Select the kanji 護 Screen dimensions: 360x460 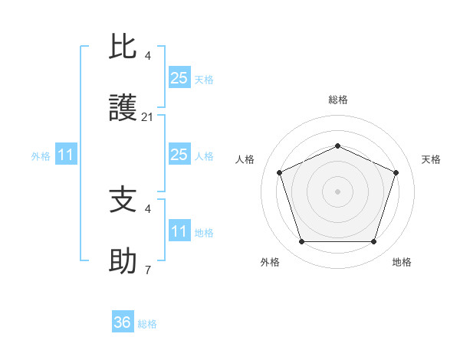pos(123,110)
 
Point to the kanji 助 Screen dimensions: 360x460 pos(123,263)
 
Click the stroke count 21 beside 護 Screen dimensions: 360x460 pos(148,117)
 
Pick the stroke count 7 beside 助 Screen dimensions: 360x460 pos(148,270)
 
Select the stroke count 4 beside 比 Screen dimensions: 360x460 pos(148,55)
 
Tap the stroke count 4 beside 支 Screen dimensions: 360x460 pos(148,208)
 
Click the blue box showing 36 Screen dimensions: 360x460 pos(123,322)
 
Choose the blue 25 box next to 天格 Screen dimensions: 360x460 pos(179,78)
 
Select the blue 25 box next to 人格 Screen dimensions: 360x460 pos(179,155)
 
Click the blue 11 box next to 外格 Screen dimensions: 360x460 pos(66,155)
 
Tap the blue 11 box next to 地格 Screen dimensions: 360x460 pos(179,231)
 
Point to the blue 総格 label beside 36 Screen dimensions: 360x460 pos(147,324)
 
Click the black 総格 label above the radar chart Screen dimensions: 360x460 pos(337,100)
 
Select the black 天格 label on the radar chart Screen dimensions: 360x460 pos(431,159)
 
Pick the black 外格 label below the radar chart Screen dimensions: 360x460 pos(270,262)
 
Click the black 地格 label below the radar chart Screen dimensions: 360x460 pos(402,262)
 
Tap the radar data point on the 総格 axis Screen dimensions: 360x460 pos(337,145)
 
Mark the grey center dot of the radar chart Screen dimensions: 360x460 pos(337,191)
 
